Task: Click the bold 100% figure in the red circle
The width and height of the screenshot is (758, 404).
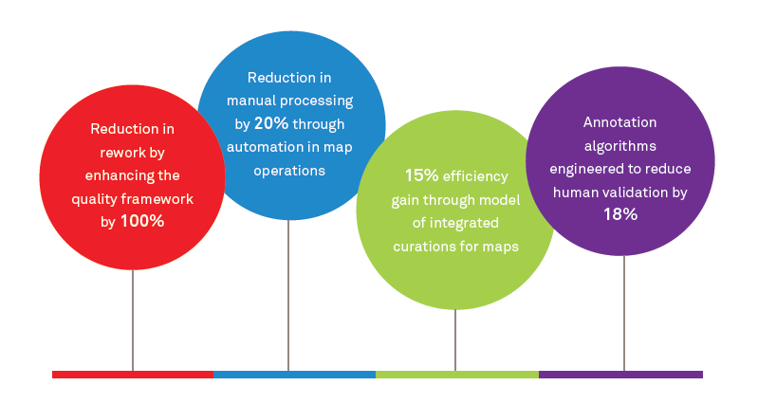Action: [x=142, y=221]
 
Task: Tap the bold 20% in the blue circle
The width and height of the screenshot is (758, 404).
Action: [x=270, y=124]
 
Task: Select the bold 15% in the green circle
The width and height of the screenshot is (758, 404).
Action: [x=420, y=175]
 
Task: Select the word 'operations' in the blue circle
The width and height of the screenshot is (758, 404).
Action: [x=289, y=171]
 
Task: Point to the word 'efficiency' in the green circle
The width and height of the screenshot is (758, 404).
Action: [x=478, y=176]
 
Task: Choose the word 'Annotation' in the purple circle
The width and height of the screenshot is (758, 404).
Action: [x=620, y=122]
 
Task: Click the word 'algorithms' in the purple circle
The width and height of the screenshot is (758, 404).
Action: [x=620, y=145]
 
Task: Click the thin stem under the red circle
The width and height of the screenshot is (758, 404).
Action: [x=133, y=322]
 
